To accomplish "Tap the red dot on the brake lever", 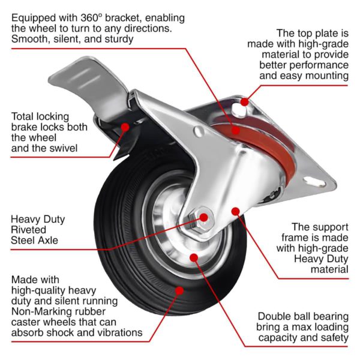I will pos(125,127).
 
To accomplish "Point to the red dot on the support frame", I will pos(236,211).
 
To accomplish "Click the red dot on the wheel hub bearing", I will pos(193,257).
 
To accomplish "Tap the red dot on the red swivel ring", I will pos(236,129).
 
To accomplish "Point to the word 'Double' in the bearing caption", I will pos(275,316).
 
